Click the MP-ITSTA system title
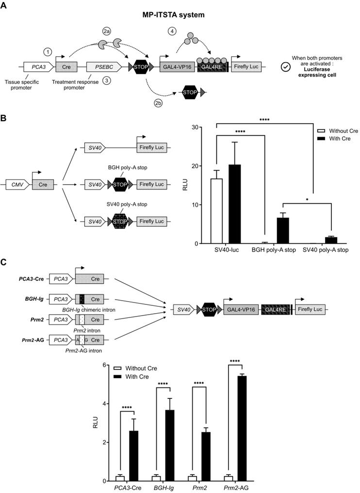(180, 15)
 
